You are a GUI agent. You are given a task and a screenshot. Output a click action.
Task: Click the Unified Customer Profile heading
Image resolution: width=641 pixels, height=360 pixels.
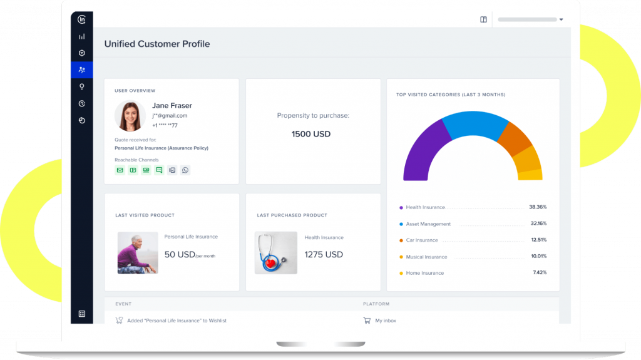pos(157,44)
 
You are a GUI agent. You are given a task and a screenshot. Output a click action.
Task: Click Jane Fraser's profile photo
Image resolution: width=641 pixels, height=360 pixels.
pos(130,116)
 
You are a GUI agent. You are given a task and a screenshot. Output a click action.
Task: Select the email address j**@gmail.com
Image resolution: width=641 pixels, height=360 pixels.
pos(170,116)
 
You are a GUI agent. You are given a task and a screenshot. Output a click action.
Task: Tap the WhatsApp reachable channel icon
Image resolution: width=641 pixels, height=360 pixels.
pos(185,170)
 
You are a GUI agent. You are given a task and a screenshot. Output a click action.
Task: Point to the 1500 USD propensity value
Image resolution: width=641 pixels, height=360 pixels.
pos(311,134)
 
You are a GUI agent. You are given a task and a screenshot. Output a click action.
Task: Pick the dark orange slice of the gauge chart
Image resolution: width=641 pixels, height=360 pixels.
pos(515,138)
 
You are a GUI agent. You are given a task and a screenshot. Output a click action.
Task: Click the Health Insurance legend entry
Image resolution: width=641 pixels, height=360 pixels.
pos(425,207)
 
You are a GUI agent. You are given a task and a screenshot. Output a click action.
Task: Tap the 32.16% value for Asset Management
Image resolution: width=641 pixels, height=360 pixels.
pos(538,224)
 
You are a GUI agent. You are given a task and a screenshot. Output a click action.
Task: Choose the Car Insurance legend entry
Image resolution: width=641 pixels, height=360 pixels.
pos(422,240)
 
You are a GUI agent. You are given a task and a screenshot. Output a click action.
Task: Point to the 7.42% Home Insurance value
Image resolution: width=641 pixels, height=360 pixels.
pos(540,273)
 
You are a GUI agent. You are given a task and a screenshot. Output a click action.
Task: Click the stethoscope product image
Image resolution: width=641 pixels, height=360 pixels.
pos(275,253)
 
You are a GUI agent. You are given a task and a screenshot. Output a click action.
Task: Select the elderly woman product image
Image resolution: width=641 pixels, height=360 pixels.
pos(138,253)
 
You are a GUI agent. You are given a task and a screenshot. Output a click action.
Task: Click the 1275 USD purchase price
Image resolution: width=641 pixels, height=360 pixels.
pos(324,254)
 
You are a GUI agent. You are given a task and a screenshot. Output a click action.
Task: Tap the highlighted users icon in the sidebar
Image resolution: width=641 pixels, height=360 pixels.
pos(82,69)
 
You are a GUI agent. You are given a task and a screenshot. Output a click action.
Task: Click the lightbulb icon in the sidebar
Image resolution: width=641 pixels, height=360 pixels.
pos(82,86)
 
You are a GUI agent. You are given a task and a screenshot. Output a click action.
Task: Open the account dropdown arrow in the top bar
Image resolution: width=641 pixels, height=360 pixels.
pos(561,19)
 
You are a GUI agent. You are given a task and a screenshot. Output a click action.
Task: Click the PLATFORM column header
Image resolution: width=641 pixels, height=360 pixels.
pos(376,304)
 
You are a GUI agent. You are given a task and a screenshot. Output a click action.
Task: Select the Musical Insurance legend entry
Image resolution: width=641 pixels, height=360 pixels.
pos(426,257)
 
